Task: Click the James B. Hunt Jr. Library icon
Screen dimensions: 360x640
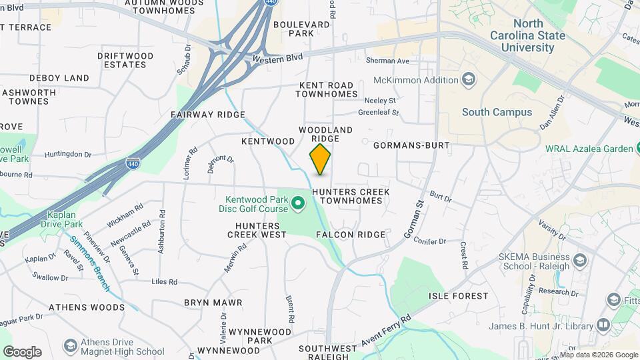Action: (603, 325)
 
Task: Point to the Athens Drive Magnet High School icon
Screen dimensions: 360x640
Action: (70, 346)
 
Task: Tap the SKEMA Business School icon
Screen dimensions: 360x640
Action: (579, 261)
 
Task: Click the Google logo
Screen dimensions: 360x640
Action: (22, 351)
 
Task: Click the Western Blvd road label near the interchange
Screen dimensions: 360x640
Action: (278, 58)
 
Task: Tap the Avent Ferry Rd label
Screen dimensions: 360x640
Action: (387, 331)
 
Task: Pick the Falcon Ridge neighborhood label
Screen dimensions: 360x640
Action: (351, 235)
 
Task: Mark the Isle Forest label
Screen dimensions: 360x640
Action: (458, 295)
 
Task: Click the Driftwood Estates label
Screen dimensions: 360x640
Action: (125, 60)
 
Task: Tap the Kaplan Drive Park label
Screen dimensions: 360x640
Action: (66, 220)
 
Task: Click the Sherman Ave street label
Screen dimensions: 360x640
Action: (387, 61)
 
